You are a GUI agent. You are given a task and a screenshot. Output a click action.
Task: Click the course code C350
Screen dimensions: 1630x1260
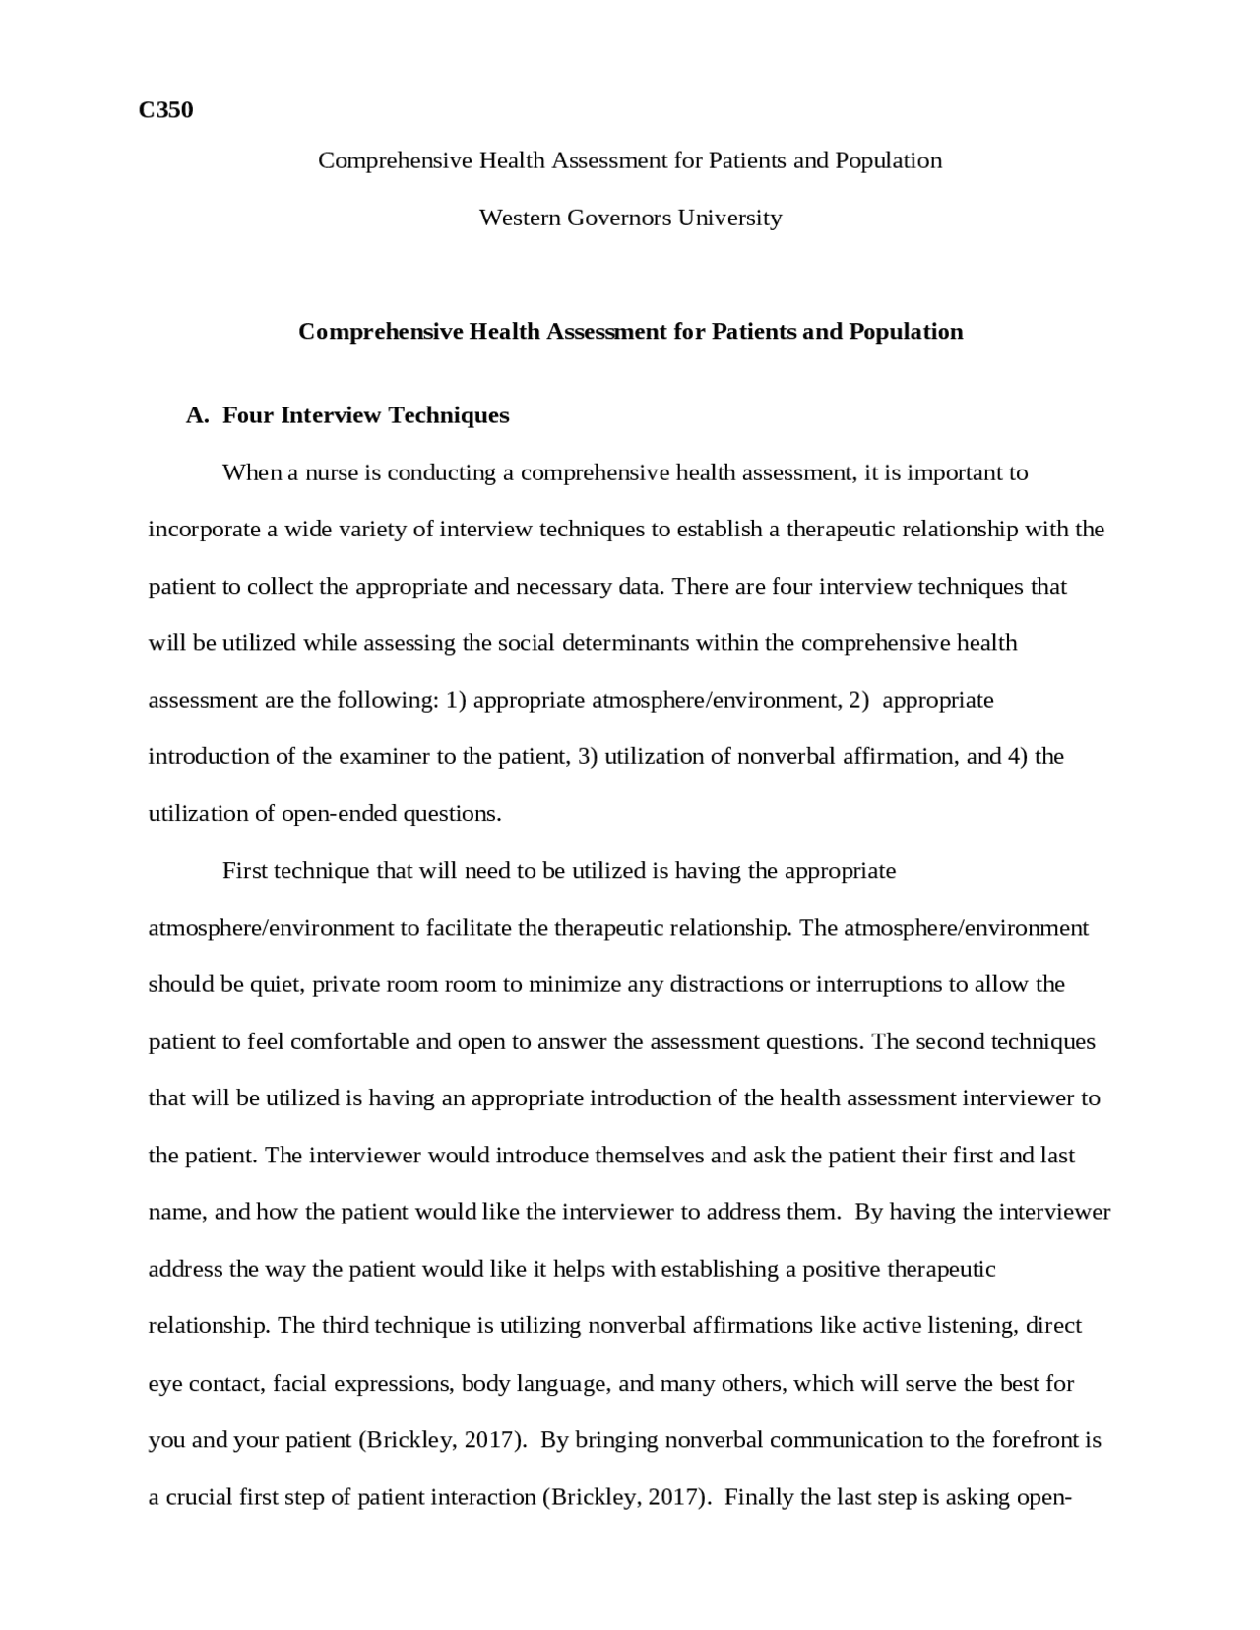pos(165,110)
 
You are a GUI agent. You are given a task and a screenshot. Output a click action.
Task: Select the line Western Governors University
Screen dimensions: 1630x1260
pos(630,218)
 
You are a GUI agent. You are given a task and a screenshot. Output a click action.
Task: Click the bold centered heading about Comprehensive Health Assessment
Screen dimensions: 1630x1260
pos(630,332)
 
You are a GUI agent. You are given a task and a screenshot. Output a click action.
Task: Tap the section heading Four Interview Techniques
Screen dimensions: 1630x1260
pos(365,415)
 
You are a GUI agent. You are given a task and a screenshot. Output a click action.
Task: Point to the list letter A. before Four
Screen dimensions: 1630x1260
pos(197,415)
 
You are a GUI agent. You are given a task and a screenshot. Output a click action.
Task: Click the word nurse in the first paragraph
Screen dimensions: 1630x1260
pos(332,473)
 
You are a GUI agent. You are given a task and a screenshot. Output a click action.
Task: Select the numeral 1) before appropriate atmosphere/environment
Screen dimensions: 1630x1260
pos(456,701)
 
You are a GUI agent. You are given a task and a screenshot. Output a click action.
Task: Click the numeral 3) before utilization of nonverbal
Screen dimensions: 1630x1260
pos(588,757)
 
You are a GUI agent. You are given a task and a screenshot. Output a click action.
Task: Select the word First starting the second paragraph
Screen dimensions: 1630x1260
pos(244,871)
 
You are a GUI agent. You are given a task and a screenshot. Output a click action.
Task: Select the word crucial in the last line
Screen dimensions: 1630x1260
pos(199,1498)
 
